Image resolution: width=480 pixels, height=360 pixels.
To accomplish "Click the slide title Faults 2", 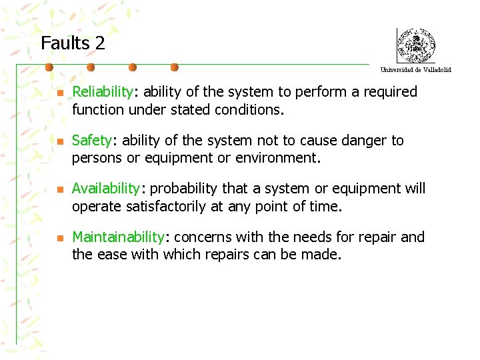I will pos(73,44).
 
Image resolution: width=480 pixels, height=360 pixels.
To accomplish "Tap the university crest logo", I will pos(415,46).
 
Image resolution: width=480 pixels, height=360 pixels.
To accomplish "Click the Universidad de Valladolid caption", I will pos(415,70).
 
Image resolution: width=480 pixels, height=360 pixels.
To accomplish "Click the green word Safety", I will pos(91,140).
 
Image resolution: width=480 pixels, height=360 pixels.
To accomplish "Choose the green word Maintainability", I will pos(118,237).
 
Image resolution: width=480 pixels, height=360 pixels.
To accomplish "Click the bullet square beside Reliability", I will pos(59,93).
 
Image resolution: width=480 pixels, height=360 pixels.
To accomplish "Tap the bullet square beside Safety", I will pos(59,141).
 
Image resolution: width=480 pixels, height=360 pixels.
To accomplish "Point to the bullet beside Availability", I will pos(59,190).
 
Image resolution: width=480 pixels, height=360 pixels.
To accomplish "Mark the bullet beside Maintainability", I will pos(59,238).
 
